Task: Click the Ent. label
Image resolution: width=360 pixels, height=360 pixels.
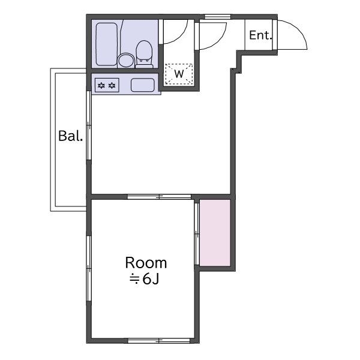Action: point(260,35)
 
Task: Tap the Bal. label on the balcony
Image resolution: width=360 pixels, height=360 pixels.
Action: point(70,136)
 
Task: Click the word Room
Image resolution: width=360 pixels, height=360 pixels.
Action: point(146,263)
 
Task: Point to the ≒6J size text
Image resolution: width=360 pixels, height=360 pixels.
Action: point(144,279)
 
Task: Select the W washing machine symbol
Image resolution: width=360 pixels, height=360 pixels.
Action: point(179,74)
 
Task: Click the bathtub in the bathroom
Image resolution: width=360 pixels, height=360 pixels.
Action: point(107,44)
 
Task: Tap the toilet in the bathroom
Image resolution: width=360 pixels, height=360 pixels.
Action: point(144,54)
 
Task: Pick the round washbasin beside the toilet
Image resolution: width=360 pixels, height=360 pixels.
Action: point(126,61)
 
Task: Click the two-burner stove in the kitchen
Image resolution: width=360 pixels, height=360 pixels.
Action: point(107,85)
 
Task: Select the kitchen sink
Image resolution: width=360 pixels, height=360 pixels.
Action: point(143,85)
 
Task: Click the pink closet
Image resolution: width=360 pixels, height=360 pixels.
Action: point(215,233)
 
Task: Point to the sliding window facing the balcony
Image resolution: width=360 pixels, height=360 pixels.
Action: point(89,125)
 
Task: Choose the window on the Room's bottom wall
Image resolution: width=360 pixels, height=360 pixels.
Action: point(159,341)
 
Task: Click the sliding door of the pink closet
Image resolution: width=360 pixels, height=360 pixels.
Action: point(197,234)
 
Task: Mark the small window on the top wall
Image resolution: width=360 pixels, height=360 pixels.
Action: point(217,17)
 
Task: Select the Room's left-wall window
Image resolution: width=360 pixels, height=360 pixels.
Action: point(89,268)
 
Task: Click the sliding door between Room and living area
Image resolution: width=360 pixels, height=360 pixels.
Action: point(160,197)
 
